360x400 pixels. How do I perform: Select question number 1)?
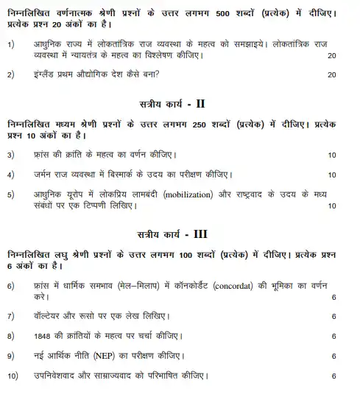(11, 45)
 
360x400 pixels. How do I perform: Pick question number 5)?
(11, 194)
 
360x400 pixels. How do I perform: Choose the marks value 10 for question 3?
(331, 155)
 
